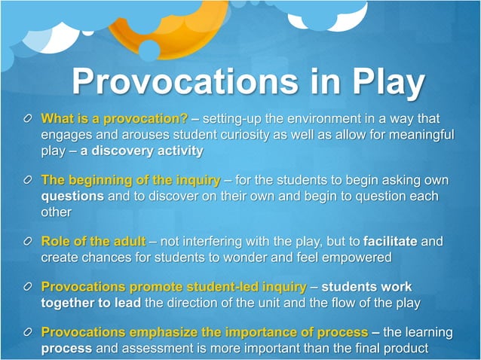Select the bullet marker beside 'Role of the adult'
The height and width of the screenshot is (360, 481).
point(27,243)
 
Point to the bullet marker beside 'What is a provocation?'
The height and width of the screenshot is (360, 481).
point(27,120)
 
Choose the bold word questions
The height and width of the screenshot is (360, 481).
point(72,197)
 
